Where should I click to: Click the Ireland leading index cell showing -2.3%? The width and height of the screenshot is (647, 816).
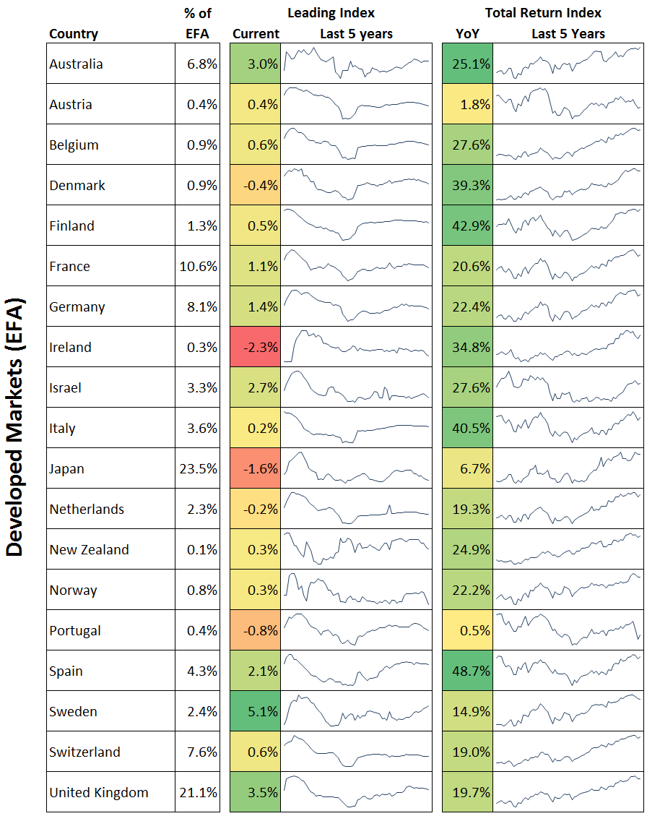(x=256, y=347)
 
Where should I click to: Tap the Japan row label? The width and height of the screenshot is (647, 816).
(x=67, y=468)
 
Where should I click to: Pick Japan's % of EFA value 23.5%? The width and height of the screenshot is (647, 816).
(x=198, y=468)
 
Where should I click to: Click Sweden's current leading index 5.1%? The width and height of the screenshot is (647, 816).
(x=256, y=711)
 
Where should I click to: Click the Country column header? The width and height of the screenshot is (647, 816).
(x=74, y=34)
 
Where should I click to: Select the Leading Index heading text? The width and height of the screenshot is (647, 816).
(x=331, y=13)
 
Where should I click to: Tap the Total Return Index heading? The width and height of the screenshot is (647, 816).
(x=543, y=13)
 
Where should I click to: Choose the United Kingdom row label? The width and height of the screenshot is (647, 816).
(x=99, y=792)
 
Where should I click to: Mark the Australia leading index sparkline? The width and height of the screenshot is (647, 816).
(x=357, y=64)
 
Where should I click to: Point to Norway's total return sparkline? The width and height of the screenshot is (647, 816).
(x=568, y=590)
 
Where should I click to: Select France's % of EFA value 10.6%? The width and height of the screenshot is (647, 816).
(x=198, y=266)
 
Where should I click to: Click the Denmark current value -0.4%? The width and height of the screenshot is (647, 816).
(x=256, y=185)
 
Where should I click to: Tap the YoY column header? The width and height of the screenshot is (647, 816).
(x=467, y=34)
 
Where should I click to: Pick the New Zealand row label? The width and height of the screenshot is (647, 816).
(x=90, y=549)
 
